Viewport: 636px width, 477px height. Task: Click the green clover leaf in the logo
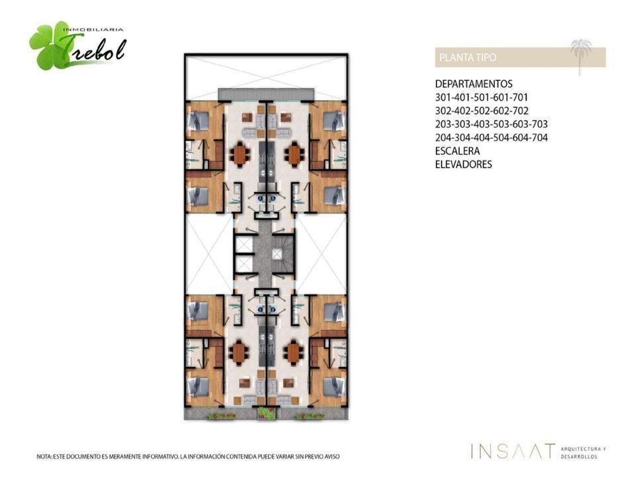(x=46, y=46)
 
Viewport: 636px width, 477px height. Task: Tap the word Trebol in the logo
(x=95, y=48)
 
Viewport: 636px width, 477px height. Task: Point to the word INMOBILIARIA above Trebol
(x=93, y=30)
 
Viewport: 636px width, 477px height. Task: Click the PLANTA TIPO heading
(x=468, y=58)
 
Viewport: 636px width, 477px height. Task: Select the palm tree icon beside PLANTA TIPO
(x=581, y=56)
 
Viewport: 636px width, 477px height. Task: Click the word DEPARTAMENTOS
(x=474, y=84)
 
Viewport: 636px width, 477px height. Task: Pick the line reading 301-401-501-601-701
(x=482, y=97)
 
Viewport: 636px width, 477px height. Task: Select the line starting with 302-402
(x=482, y=111)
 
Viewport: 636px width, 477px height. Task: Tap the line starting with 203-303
(x=492, y=124)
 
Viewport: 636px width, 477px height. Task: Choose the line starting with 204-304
(x=492, y=138)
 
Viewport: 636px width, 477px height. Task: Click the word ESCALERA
(x=458, y=151)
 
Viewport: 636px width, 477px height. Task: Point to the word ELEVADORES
(x=464, y=164)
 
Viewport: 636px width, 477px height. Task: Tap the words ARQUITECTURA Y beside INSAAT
(x=583, y=449)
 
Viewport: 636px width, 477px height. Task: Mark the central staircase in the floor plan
(x=282, y=254)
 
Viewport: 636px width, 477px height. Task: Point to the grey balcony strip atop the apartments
(x=266, y=95)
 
